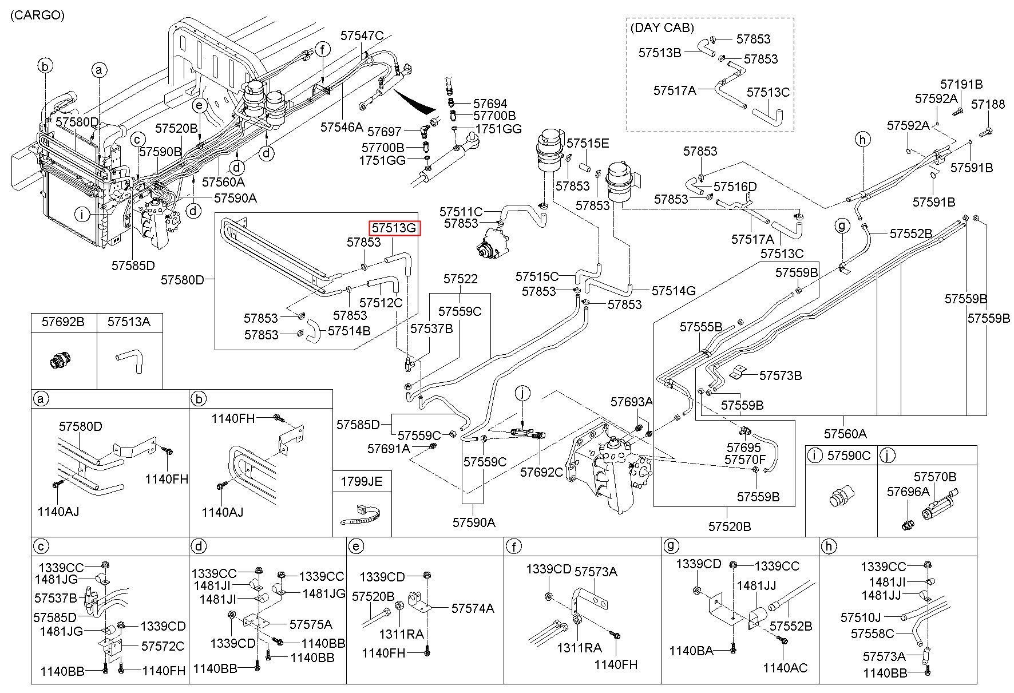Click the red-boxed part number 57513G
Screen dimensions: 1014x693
tap(394, 228)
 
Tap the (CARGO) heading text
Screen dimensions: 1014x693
tap(37, 15)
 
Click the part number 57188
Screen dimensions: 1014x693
tap(988, 104)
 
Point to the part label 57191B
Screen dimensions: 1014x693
tap(961, 85)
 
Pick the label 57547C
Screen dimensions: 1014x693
tap(362, 35)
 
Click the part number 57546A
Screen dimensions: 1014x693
tap(342, 127)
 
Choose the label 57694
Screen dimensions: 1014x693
tap(490, 104)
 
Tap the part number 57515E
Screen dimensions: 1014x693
tap(588, 143)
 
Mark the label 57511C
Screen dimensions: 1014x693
tap(461, 212)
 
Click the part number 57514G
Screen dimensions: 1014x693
tap(674, 291)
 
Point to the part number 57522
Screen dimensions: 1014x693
tap(461, 279)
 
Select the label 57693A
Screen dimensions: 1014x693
tap(631, 402)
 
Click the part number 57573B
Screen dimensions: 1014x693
tap(781, 375)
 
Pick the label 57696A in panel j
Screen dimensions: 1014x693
tap(908, 492)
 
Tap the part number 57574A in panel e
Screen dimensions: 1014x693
tap(473, 608)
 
